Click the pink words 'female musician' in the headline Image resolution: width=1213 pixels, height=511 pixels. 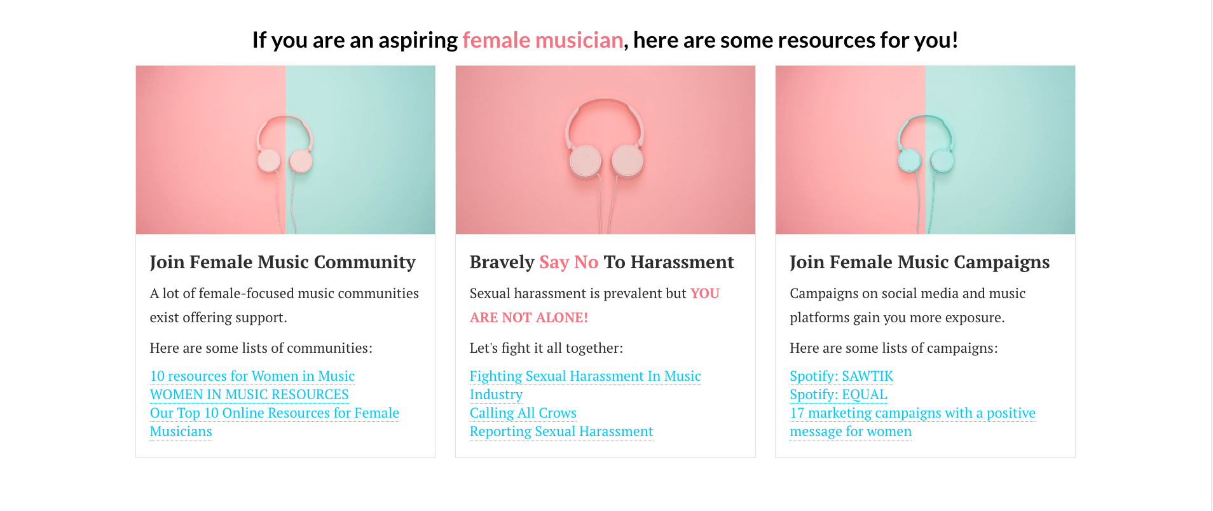point(542,40)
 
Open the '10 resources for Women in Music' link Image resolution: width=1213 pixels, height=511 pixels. point(252,376)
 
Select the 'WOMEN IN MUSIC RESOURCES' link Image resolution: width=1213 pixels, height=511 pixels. point(249,395)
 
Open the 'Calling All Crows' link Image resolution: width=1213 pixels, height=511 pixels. point(523,413)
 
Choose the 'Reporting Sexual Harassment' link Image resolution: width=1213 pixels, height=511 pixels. point(561,432)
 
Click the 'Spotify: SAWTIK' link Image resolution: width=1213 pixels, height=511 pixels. point(841,376)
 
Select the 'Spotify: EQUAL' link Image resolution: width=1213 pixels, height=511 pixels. point(838,395)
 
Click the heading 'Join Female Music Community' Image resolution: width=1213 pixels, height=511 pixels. point(282,262)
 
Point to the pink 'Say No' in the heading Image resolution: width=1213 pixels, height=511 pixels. point(569,262)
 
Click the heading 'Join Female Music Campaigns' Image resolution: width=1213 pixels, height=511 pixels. point(919,262)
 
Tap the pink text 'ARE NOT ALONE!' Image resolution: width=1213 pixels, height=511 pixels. point(529,318)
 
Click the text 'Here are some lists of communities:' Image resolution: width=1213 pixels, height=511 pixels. point(261,348)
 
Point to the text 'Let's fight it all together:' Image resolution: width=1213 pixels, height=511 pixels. point(546,348)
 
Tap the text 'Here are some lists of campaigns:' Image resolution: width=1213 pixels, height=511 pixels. point(894,348)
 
